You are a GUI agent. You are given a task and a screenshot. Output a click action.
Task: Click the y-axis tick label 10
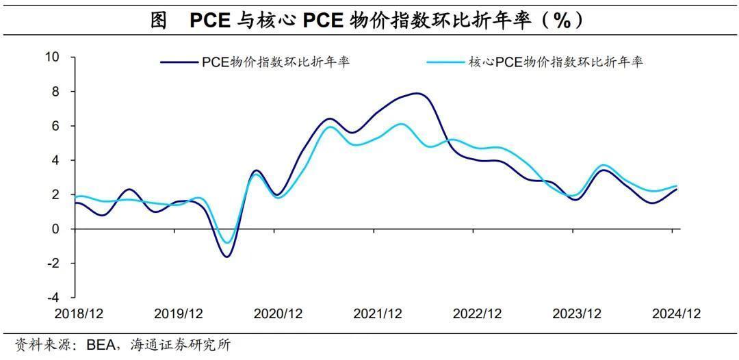(x=53, y=57)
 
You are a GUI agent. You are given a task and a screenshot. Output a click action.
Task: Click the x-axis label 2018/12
(x=79, y=313)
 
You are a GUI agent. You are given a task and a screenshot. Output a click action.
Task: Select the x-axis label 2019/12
(x=179, y=313)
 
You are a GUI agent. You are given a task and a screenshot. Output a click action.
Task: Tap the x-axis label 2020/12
(x=278, y=313)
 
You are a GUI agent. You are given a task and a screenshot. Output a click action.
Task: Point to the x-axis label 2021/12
(x=377, y=313)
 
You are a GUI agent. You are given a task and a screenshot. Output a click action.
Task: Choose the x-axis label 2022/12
(x=477, y=313)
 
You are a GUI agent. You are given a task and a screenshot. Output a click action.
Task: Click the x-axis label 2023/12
(x=576, y=313)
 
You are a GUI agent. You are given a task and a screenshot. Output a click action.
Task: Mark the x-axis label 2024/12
(x=676, y=313)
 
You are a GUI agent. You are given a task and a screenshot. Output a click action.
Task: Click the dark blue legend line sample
(x=179, y=62)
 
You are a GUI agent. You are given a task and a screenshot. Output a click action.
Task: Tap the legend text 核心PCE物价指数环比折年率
(x=555, y=62)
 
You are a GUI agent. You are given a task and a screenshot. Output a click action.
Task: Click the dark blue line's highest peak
(x=417, y=93)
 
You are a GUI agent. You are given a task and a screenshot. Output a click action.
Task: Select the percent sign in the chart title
(x=562, y=21)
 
